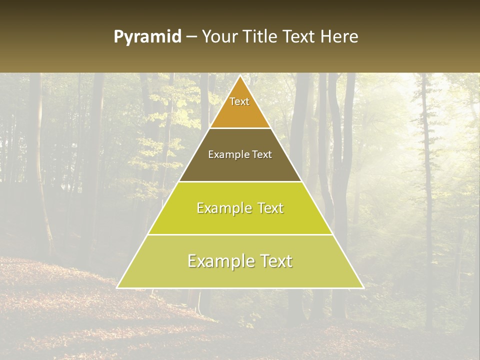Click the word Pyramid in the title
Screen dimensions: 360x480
click(x=147, y=37)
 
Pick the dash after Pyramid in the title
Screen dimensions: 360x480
click(x=191, y=37)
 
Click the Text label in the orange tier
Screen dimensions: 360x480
click(x=239, y=101)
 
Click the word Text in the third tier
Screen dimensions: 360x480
click(x=269, y=208)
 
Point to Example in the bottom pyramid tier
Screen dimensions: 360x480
click(x=218, y=261)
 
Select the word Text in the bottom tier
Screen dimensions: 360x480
click(x=275, y=261)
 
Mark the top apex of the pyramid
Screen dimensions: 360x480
click(x=240, y=76)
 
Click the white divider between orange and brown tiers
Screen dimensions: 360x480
click(x=240, y=128)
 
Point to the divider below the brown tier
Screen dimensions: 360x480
click(x=240, y=181)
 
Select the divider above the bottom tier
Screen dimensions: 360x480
click(x=240, y=234)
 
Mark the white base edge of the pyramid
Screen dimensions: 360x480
click(x=240, y=288)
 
